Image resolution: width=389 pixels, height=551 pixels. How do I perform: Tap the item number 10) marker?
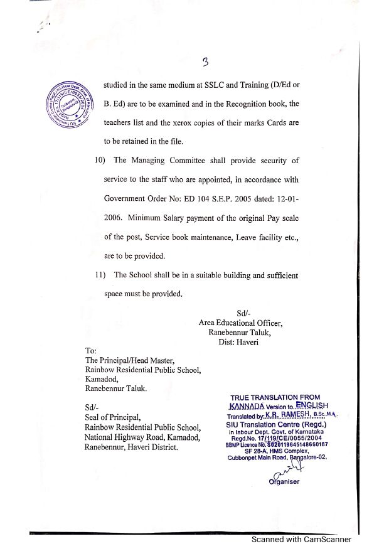[x=94, y=160]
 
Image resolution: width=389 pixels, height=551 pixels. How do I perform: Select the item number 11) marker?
[x=94, y=275]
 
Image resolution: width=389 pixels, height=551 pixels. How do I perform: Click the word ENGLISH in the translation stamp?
[x=312, y=405]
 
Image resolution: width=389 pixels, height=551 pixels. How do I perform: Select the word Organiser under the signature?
[x=285, y=481]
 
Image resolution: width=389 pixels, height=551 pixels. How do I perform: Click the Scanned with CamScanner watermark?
[x=301, y=539]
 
